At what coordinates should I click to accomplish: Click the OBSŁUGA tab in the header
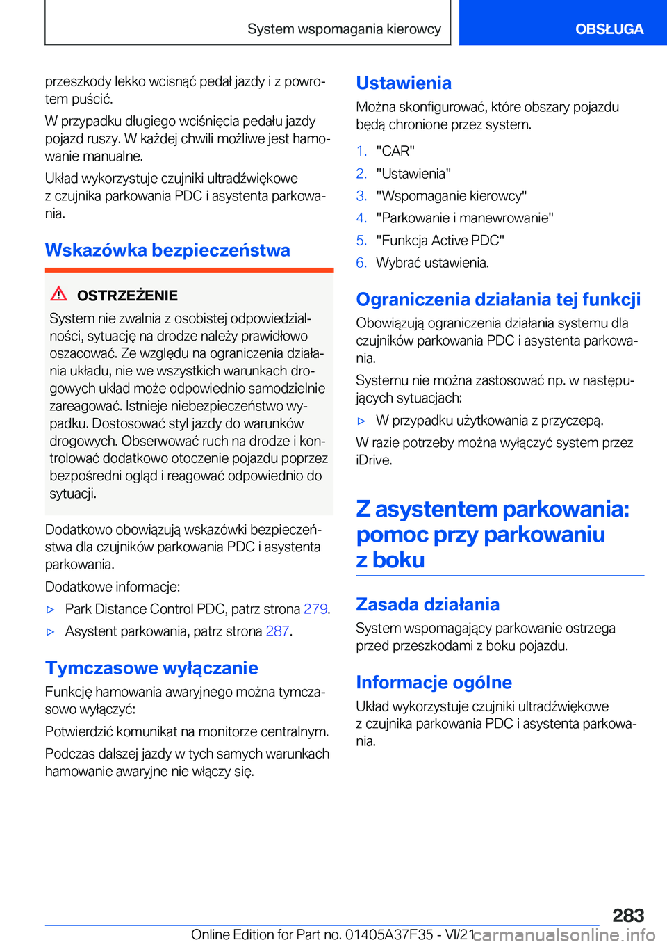point(609,29)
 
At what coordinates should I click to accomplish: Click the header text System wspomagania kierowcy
point(344,29)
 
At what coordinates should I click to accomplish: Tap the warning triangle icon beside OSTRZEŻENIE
point(59,294)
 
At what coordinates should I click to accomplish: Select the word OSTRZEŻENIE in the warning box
point(127,296)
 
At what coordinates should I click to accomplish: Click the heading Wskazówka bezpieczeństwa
point(167,250)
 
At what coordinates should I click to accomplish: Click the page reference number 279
point(315,609)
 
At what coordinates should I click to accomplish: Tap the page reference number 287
point(277,631)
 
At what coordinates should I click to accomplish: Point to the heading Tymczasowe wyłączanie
point(151,668)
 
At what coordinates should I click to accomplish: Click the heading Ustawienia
point(404,83)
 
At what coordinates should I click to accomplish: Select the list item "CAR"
point(395,152)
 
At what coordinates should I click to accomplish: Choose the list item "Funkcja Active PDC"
point(440,241)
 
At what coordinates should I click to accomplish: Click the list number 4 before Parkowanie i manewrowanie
point(361,218)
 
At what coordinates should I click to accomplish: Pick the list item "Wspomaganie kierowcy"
point(451,196)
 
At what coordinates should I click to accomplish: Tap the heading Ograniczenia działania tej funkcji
point(498,300)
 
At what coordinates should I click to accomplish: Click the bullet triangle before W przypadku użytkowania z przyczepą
point(361,421)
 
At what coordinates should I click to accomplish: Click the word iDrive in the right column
point(374,460)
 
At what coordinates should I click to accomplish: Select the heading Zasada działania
point(427,605)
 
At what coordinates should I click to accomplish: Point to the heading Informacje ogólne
point(434,683)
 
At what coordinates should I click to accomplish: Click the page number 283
point(628,915)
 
